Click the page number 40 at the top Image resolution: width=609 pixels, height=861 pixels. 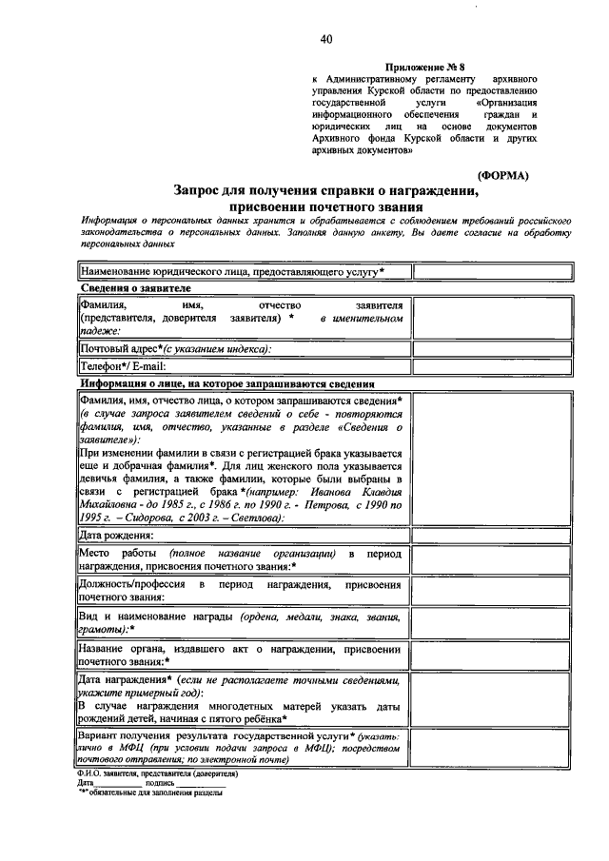326,39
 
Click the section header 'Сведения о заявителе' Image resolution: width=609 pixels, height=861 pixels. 135,287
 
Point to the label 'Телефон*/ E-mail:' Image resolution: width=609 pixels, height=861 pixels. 123,366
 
